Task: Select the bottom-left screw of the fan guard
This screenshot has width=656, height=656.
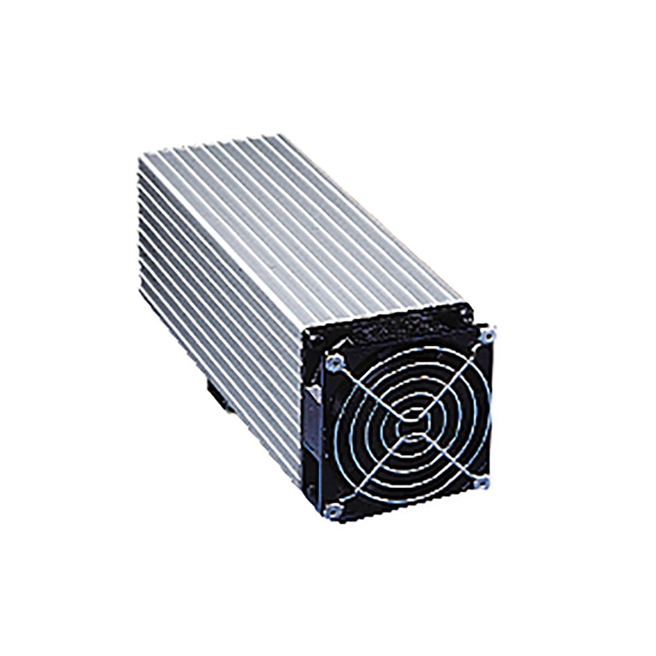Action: (332, 511)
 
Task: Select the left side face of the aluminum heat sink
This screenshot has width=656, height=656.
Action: (219, 284)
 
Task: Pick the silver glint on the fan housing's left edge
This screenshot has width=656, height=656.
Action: (313, 391)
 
